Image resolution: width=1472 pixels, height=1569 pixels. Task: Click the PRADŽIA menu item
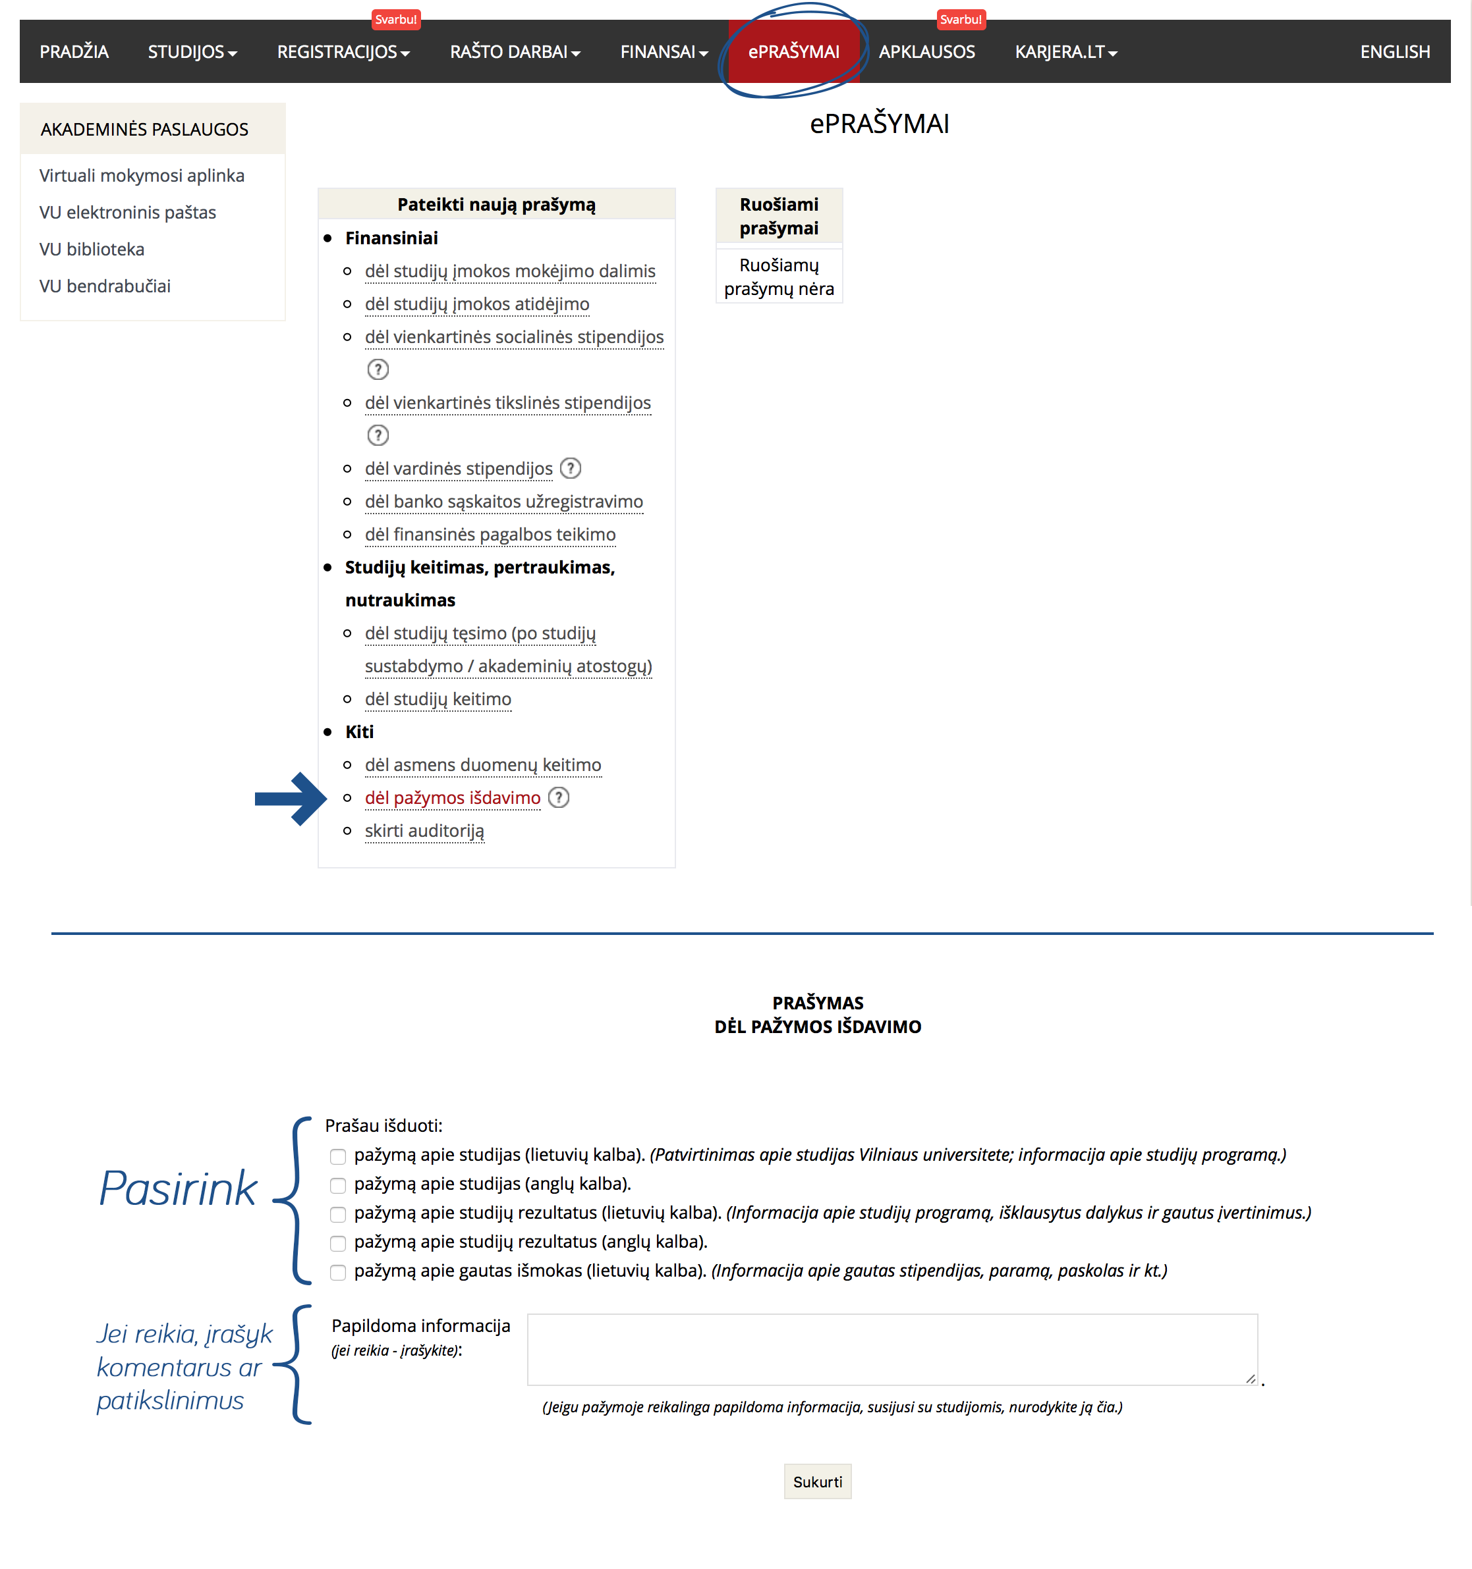74,52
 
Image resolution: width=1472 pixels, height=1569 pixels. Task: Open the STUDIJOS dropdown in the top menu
192,52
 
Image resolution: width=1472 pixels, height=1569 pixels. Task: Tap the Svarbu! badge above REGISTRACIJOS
395,20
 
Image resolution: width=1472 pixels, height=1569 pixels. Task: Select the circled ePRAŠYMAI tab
793,52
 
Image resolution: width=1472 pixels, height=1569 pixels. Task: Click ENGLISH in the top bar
1395,52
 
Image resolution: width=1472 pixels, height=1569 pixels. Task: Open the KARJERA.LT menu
1065,52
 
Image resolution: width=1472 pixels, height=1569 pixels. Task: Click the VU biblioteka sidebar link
92,250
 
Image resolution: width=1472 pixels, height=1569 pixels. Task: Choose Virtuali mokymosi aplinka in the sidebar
142,175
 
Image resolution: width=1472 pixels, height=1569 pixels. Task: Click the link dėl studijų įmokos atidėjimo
477,304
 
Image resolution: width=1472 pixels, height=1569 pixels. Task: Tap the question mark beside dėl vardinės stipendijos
570,468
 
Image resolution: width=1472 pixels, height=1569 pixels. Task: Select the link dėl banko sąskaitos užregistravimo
504,501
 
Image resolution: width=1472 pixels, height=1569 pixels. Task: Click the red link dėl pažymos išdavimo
453,798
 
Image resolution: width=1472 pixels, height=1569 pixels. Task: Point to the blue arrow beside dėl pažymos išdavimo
290,799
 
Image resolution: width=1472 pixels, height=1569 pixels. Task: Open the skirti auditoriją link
424,831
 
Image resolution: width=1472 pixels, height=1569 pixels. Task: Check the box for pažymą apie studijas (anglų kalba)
338,1185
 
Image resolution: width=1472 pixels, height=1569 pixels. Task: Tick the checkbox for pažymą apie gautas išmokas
338,1272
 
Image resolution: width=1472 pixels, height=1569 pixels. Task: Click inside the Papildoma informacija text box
892,1350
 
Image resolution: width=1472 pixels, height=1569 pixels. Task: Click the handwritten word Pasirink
179,1188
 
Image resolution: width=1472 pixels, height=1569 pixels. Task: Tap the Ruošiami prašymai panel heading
779,216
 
